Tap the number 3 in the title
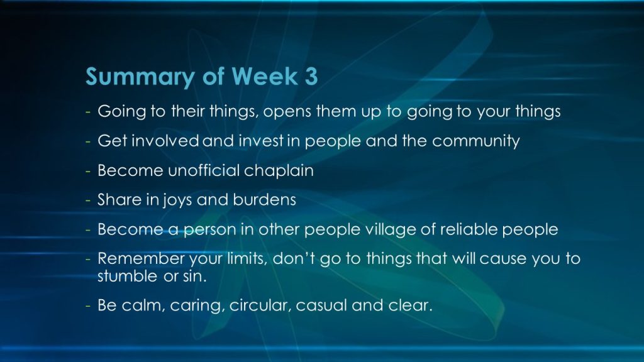click(x=311, y=76)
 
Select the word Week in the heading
click(x=265, y=76)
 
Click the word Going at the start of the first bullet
click(x=121, y=112)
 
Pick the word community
click(x=476, y=141)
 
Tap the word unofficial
click(x=204, y=170)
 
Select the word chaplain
click(x=279, y=171)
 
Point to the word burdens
click(x=264, y=199)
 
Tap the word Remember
click(x=141, y=258)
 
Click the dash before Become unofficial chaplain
click(x=88, y=171)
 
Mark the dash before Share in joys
click(x=88, y=200)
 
